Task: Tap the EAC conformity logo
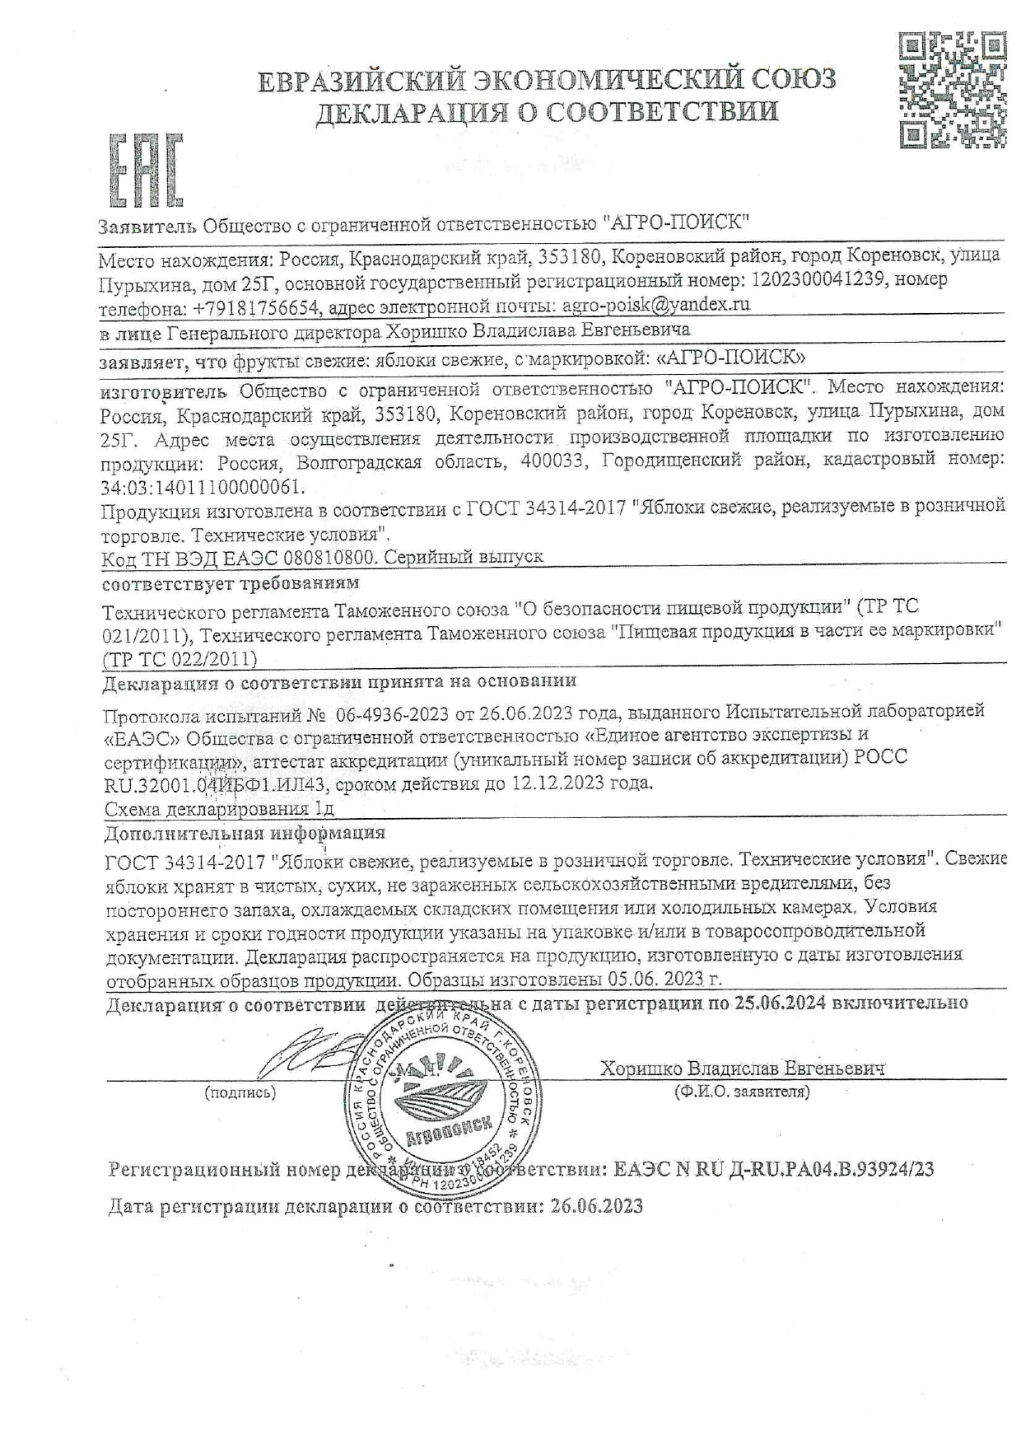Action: pos(145,171)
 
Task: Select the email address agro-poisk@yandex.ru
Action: pos(655,304)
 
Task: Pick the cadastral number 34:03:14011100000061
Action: pos(202,486)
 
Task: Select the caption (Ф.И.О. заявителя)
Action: pos(741,1092)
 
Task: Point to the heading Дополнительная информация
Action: pos(245,833)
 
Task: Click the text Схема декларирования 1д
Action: pos(218,809)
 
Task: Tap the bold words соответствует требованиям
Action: pos(231,583)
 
